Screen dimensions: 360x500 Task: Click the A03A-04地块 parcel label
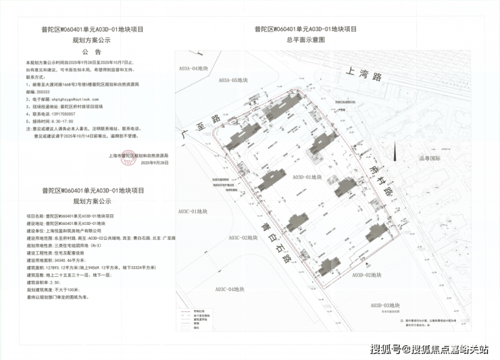pyautogui.click(x=197, y=69)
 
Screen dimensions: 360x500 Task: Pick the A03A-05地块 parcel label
pyautogui.click(x=234, y=80)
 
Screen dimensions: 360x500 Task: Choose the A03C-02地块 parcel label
pyautogui.click(x=244, y=238)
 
